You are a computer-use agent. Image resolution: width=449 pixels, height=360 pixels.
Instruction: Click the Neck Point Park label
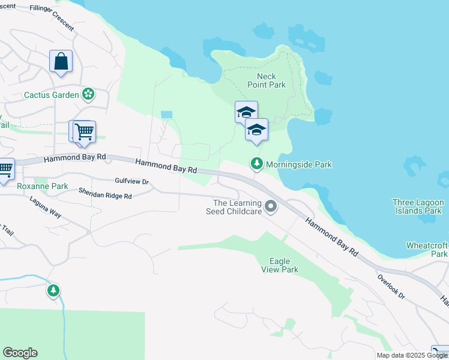click(271, 80)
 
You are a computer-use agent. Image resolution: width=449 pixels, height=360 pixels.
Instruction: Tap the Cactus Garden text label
click(52, 95)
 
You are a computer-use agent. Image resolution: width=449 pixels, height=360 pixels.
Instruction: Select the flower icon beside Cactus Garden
click(88, 94)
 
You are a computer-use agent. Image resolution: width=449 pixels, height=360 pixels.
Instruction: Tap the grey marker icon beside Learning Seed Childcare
click(271, 207)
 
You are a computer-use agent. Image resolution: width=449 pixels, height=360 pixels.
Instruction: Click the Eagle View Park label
click(280, 265)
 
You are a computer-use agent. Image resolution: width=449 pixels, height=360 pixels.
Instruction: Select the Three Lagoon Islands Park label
click(418, 206)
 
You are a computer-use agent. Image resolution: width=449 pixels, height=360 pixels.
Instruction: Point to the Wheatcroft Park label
click(427, 250)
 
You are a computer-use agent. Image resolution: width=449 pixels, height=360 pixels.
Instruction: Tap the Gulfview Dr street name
click(131, 181)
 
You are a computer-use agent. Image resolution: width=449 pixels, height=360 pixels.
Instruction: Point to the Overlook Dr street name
click(391, 287)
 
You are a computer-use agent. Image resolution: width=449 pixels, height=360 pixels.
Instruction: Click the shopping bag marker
click(61, 62)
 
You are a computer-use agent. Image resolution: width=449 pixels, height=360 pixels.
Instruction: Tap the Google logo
click(20, 353)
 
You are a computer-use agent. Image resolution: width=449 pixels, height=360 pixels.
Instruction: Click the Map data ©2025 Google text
click(412, 355)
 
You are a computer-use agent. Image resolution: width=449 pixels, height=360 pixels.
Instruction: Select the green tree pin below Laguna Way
click(54, 291)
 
